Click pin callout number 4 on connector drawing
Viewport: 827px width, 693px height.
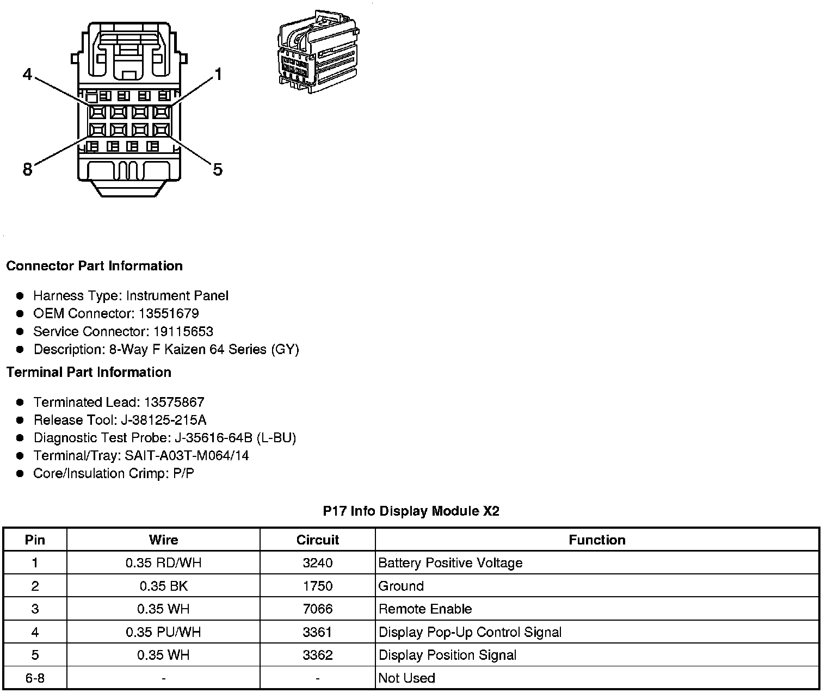coord(28,75)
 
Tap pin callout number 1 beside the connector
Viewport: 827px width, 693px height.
coord(218,75)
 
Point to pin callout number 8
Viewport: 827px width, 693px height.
coord(27,170)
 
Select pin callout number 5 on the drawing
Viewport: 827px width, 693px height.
coord(218,170)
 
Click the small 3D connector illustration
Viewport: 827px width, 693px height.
coord(318,50)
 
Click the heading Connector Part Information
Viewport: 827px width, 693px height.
coord(94,266)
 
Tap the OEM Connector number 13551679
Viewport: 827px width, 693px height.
coord(169,313)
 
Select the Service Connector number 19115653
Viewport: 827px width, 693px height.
coord(183,331)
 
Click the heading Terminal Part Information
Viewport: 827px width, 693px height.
coord(89,372)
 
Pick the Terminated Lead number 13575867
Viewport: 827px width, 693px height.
coord(174,402)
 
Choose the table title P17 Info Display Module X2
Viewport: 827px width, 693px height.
coord(411,511)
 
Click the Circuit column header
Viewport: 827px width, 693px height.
coord(317,540)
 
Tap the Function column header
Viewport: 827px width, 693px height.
coord(597,540)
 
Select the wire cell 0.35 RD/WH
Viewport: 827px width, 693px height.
coord(163,563)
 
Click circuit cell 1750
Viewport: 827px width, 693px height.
coord(317,586)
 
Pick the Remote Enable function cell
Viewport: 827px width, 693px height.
coord(425,609)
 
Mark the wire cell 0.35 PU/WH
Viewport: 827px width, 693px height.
coord(163,632)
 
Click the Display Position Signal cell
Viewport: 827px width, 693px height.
coord(447,655)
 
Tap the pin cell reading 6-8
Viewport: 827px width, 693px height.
coord(35,678)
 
